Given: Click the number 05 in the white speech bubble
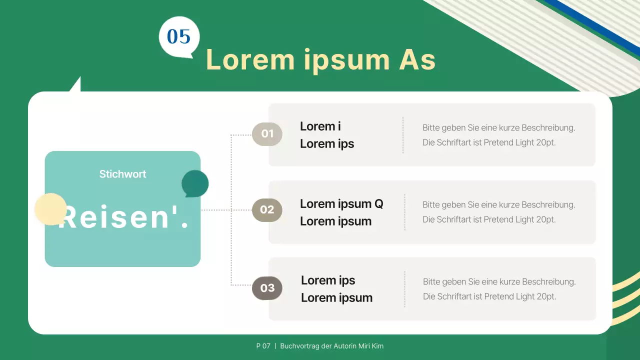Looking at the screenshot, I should coord(179,37).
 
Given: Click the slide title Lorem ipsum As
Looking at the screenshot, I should coord(320,60).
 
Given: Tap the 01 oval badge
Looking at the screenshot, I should coord(267,134).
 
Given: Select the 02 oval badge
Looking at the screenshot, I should coord(267,210).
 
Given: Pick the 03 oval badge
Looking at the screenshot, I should coord(267,288).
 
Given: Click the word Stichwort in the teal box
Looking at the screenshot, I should coord(122,174).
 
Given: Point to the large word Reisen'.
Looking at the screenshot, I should coord(124,218).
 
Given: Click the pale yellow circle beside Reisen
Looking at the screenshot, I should coord(50,209).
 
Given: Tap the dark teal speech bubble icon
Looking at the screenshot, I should coord(194,183).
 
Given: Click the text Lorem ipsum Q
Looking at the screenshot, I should coord(341,204).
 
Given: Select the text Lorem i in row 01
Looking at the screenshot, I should coord(320,126).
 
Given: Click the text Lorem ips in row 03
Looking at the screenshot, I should coord(328,280).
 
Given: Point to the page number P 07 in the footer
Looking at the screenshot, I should coord(263,346).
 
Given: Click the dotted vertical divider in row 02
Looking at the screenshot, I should coord(404,212).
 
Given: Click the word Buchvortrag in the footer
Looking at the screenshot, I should coord(299,346).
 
